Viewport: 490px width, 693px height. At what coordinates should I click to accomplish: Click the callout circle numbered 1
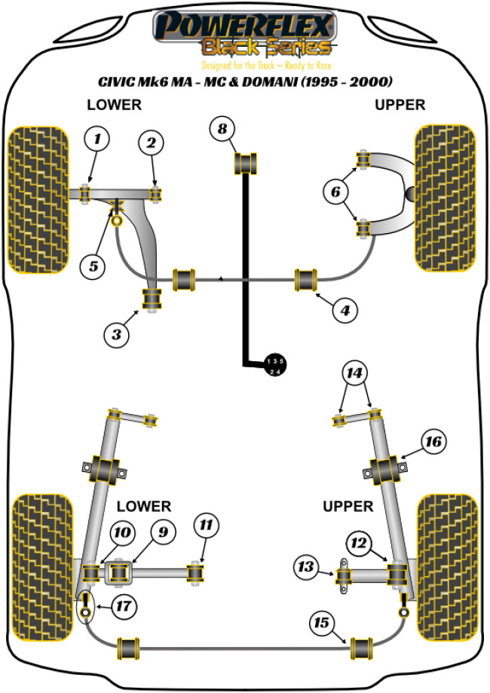point(96,138)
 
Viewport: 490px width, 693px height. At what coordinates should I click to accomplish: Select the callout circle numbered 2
point(152,143)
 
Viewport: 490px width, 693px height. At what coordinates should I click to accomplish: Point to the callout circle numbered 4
point(344,309)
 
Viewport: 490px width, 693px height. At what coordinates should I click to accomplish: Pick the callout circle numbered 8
point(222,129)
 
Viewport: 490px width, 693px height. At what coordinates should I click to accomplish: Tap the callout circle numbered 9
point(161,533)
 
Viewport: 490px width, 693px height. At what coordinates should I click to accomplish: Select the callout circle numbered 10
point(121,534)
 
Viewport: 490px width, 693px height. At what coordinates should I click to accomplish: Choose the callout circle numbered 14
point(354,371)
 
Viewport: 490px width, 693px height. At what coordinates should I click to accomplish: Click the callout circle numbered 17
point(121,603)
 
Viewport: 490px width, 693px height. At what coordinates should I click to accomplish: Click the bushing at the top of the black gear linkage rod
point(247,161)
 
